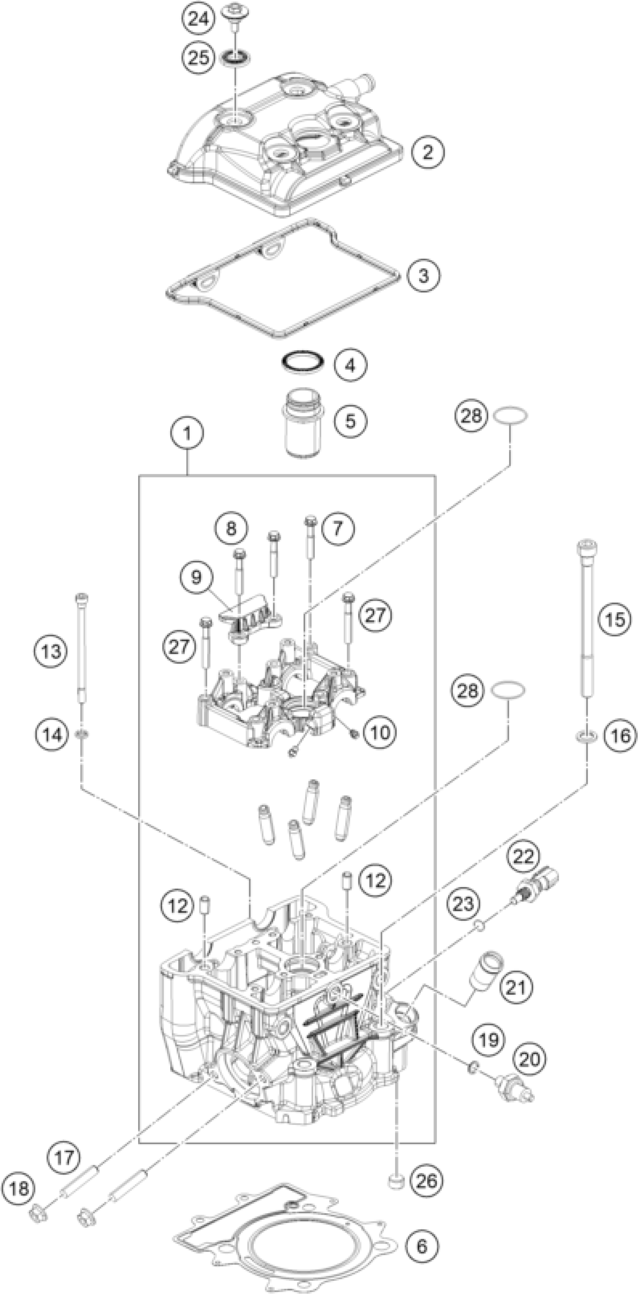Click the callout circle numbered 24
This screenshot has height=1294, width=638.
[197, 19]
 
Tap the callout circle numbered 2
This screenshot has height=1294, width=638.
[427, 152]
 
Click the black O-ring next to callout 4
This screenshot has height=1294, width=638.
[301, 362]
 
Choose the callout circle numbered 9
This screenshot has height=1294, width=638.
[196, 577]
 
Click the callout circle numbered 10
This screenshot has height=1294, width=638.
[380, 732]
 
